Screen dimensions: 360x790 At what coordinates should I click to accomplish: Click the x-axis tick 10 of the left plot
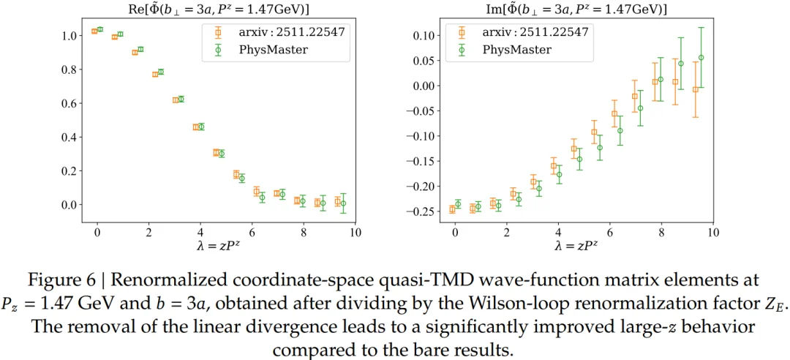[355, 233]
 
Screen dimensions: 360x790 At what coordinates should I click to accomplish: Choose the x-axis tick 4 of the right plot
[558, 233]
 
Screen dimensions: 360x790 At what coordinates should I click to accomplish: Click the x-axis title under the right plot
[583, 247]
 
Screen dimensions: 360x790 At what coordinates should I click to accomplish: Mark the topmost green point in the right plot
[701, 58]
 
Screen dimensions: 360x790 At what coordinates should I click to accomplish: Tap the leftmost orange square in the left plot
[94, 31]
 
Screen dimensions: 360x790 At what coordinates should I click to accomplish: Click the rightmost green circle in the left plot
[343, 203]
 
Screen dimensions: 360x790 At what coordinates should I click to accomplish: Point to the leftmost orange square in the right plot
[452, 209]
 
